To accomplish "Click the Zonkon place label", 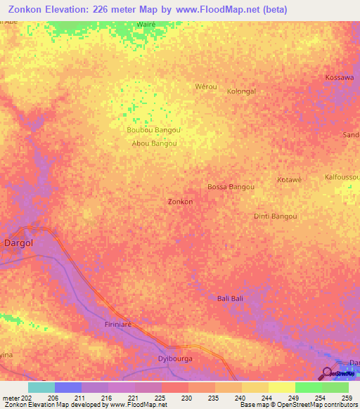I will [x=181, y=202].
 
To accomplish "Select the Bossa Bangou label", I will [x=231, y=187].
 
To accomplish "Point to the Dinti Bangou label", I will [x=276, y=216].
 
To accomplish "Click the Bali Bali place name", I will [x=230, y=299].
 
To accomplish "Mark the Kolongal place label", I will [x=241, y=91].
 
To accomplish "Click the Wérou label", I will [x=204, y=86].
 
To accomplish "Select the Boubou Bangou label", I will [x=153, y=130].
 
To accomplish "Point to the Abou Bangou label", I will [x=154, y=143].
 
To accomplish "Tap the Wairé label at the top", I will [x=146, y=25].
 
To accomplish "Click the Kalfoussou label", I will [x=342, y=176].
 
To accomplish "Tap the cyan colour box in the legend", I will [x=41, y=387].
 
